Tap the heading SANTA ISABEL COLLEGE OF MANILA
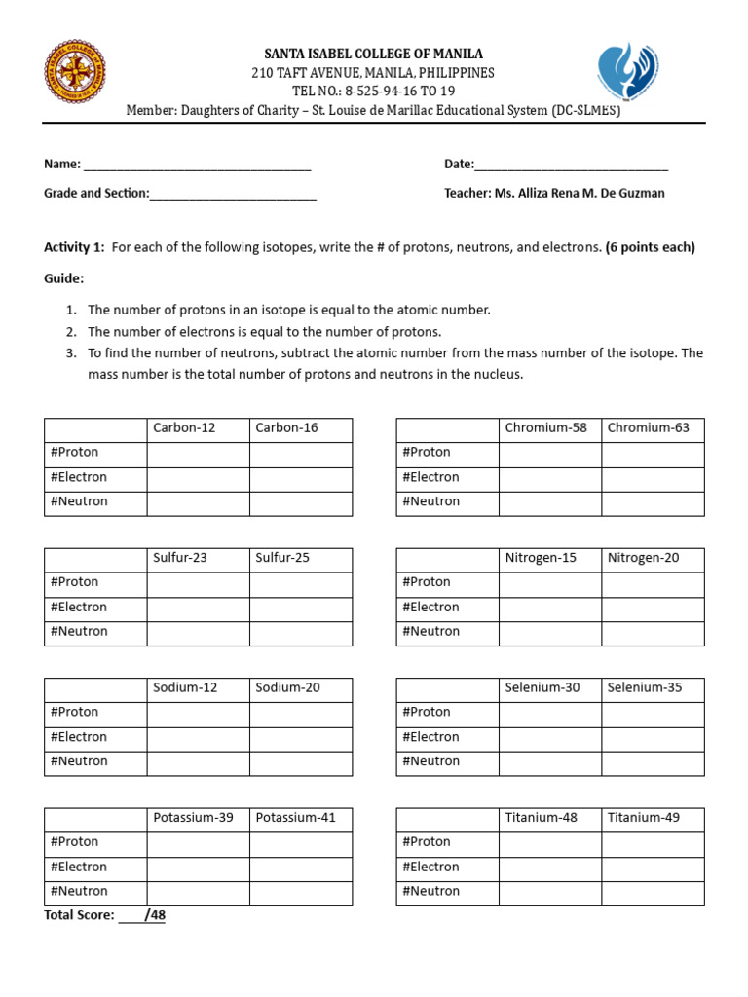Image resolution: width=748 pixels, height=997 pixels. [373, 54]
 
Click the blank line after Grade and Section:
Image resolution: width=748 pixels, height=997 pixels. [233, 194]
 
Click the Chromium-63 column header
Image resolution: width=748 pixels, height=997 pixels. [652, 428]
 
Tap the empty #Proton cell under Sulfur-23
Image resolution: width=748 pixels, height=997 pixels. [198, 582]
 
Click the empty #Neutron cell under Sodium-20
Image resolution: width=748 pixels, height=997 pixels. [300, 761]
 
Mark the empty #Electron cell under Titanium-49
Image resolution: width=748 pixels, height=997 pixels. [652, 867]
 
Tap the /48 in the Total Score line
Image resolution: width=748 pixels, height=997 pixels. [154, 916]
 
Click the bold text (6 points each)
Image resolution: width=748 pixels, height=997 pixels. [650, 247]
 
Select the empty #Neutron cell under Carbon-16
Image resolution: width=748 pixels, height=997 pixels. [300, 502]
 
